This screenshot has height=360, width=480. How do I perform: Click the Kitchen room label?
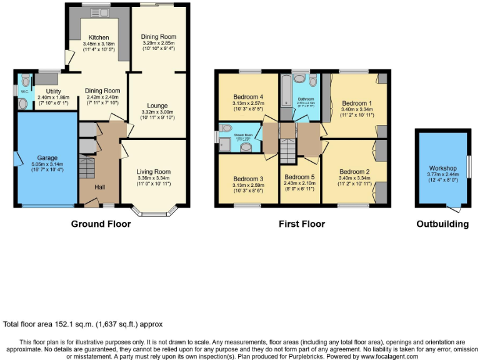pos(98,37)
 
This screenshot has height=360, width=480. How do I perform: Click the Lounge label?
pos(157,106)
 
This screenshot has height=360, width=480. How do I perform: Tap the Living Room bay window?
pos(154,212)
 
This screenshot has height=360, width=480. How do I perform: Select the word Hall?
pos(99,187)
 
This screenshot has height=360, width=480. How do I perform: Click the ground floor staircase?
pos(87,168)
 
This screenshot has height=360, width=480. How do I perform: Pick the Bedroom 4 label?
pos(249,97)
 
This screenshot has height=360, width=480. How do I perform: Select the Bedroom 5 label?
pos(300,178)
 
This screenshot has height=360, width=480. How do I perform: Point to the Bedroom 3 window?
pos(247,205)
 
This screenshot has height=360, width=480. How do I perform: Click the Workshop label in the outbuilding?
pos(442,168)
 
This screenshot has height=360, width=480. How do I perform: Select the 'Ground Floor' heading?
pos(101,224)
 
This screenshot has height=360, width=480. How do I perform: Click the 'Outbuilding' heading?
pos(442,224)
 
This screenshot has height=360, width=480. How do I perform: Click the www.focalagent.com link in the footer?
pos(385,356)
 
